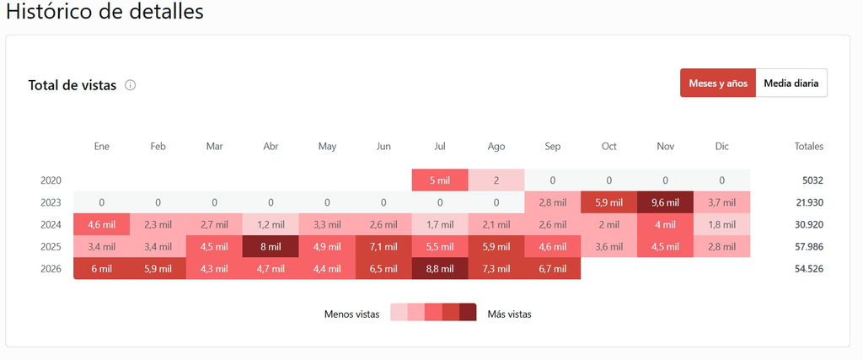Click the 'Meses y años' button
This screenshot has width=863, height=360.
tap(718, 83)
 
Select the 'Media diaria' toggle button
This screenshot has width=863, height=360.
tap(791, 83)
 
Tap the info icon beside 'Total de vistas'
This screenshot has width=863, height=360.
tap(130, 85)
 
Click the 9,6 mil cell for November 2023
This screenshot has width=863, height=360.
tap(665, 202)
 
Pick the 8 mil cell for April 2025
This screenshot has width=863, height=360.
tap(271, 247)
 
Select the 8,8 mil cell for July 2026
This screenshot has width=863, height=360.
tap(440, 269)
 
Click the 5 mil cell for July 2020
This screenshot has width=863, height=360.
tap(440, 180)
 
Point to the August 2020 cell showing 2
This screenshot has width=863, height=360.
tap(496, 180)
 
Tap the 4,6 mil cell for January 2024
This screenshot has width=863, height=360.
tap(102, 224)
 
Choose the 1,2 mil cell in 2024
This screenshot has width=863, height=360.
tap(271, 224)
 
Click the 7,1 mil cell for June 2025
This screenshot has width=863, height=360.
tap(383, 247)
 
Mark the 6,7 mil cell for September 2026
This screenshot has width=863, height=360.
tap(553, 269)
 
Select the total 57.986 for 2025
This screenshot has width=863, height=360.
tap(808, 247)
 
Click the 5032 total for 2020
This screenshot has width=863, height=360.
tap(813, 180)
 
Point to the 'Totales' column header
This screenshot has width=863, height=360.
tap(809, 147)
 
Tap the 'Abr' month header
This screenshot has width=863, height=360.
tap(271, 147)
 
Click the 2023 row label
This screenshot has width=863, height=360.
tap(51, 202)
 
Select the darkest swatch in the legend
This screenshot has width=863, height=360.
tap(468, 312)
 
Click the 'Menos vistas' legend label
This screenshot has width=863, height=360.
tap(351, 314)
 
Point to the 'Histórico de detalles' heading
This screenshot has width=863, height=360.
tap(105, 12)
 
